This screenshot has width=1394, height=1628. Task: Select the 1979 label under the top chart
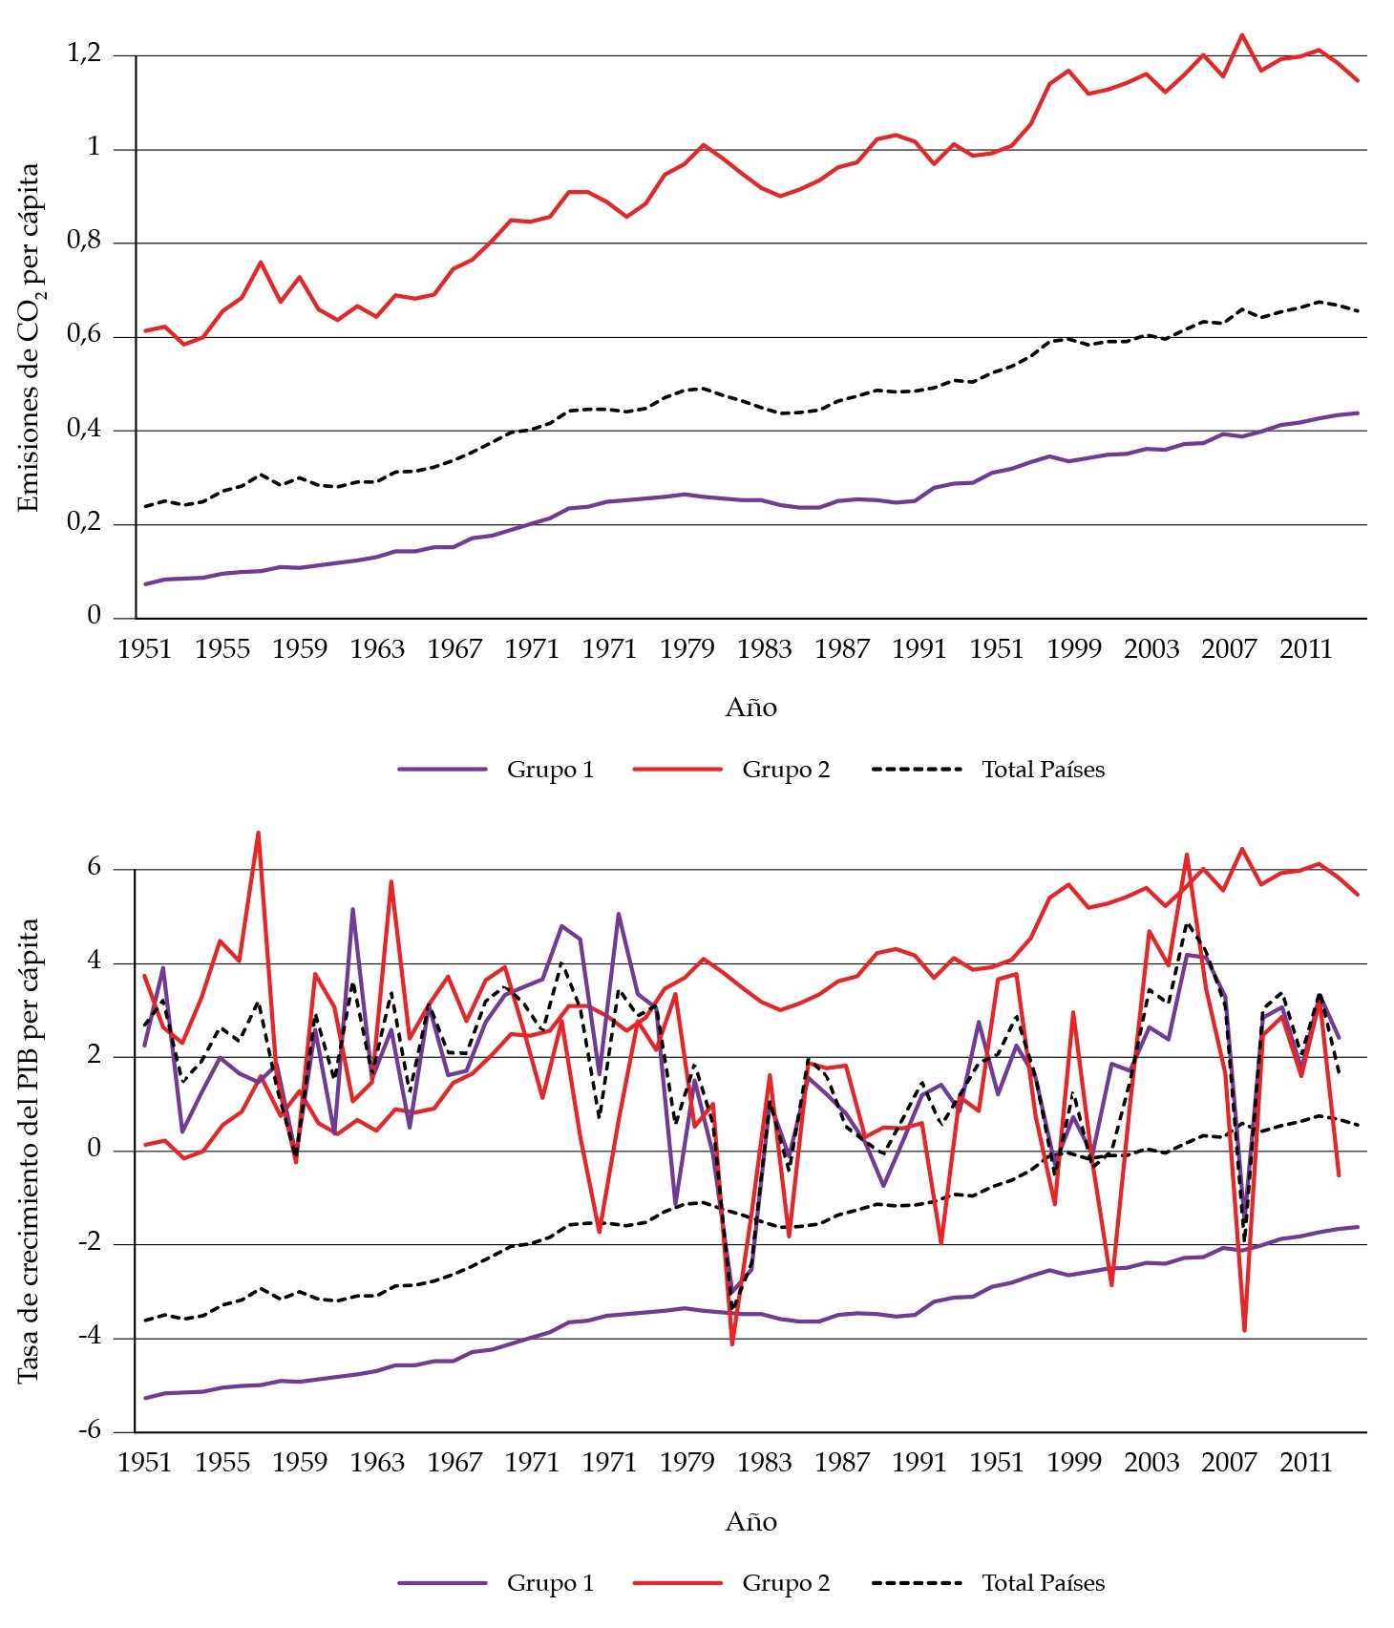(686, 649)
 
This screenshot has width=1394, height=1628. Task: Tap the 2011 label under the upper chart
(1305, 649)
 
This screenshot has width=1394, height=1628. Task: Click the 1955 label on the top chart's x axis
(222, 649)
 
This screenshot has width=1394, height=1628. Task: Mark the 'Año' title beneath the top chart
(750, 708)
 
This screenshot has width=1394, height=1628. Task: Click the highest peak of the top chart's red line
(1241, 35)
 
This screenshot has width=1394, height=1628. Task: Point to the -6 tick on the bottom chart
(89, 1430)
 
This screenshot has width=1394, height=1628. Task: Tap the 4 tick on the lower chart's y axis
(94, 962)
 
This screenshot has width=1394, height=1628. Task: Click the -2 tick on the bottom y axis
(89, 1243)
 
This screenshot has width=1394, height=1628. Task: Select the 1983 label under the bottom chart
(764, 1463)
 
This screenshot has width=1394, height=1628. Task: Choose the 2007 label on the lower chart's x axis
(1228, 1463)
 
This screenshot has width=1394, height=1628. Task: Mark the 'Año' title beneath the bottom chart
(750, 1522)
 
